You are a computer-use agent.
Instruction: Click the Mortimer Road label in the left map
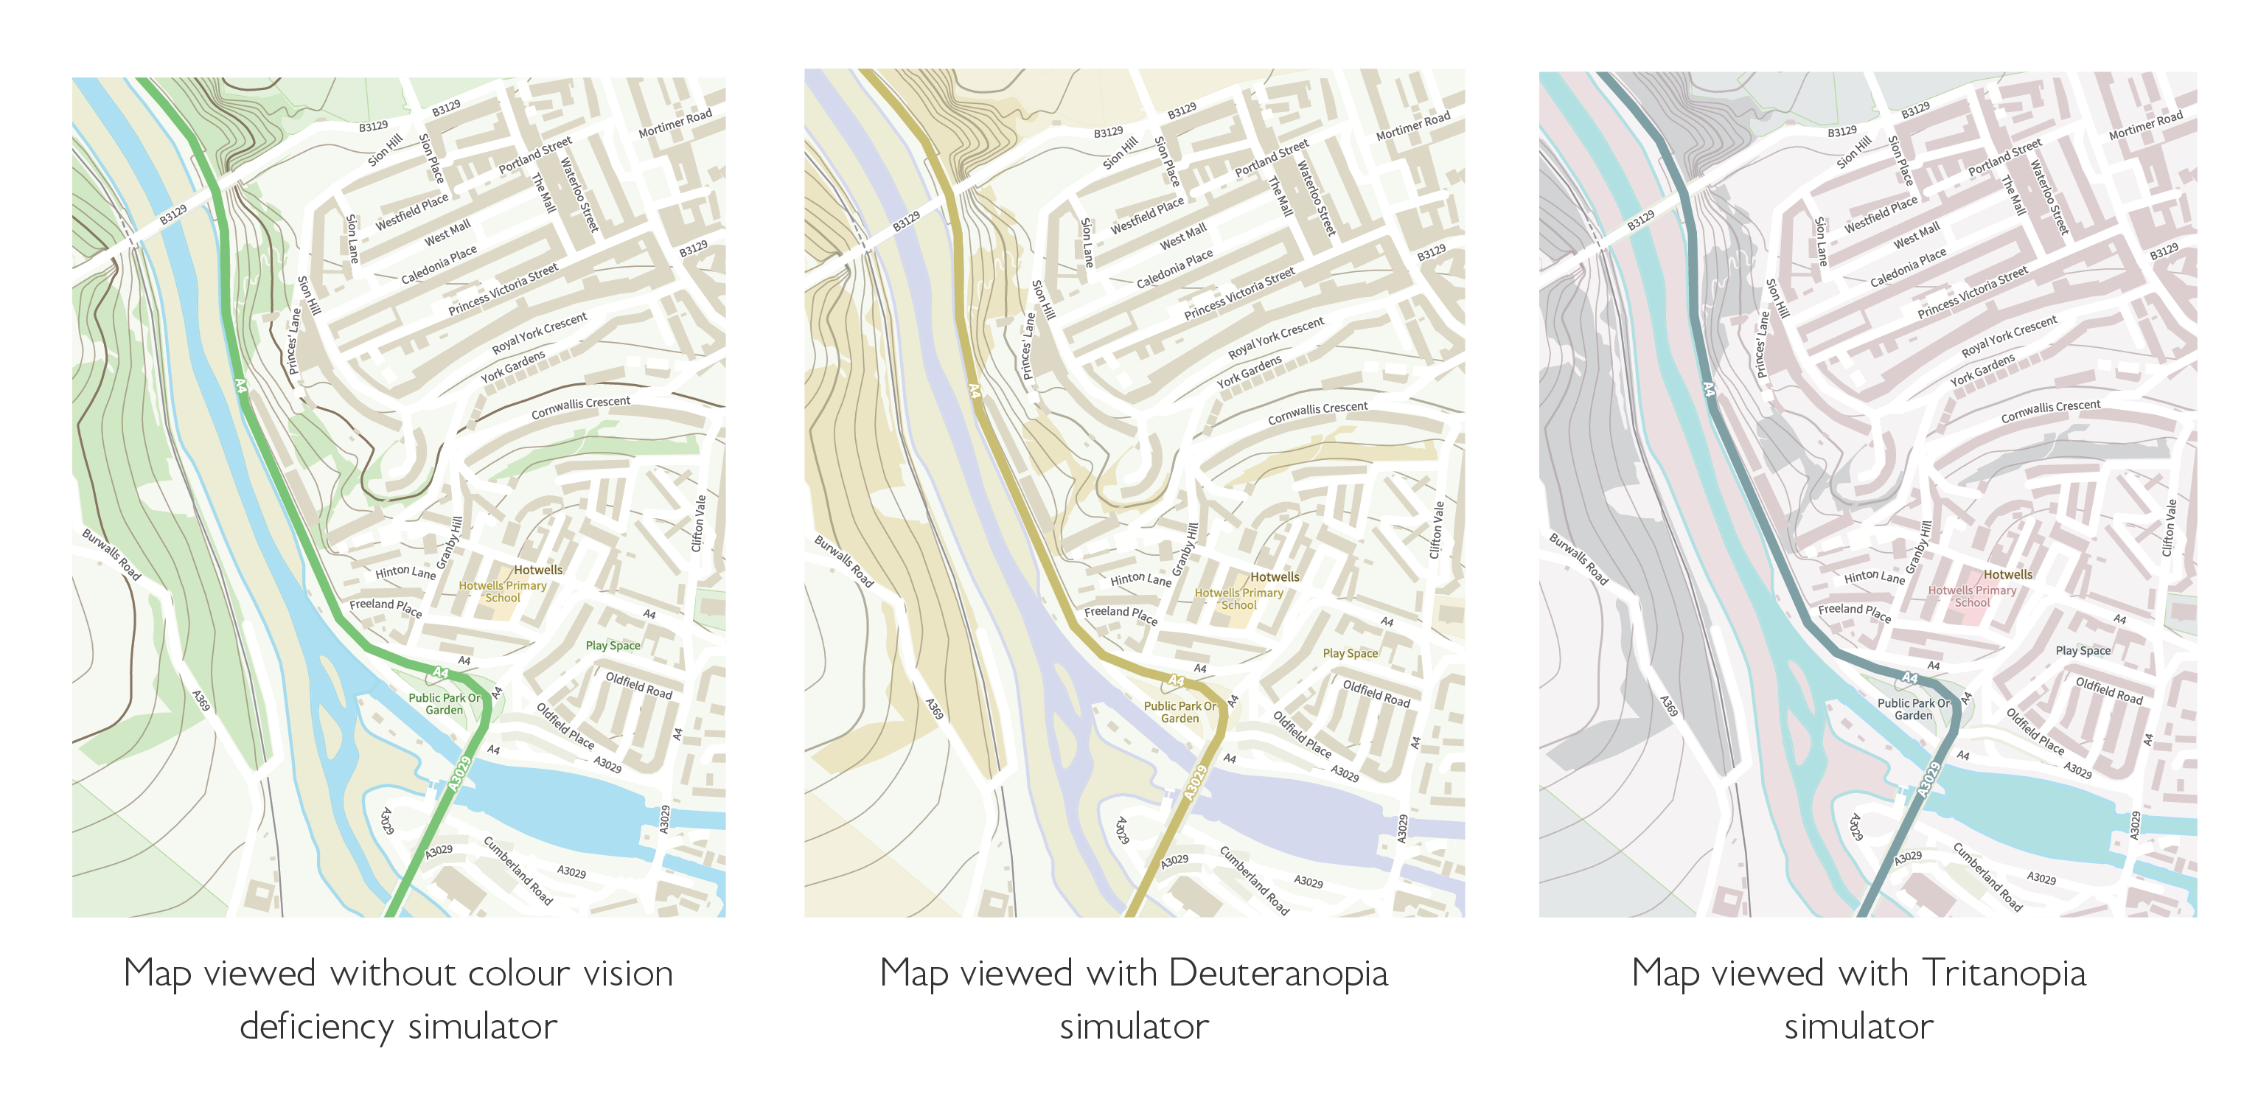click(x=675, y=124)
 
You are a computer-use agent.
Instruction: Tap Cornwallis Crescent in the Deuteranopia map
click(x=1317, y=413)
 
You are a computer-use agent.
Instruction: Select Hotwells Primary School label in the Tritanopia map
click(x=1971, y=596)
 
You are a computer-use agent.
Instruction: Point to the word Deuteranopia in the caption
click(x=1278, y=973)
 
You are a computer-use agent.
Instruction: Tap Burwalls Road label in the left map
click(x=111, y=554)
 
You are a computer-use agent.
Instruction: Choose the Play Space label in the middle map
click(x=1350, y=653)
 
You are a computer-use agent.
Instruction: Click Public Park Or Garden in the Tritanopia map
click(x=1914, y=708)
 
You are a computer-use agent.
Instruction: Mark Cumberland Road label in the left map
click(x=518, y=870)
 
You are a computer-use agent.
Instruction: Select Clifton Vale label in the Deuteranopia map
click(x=1436, y=529)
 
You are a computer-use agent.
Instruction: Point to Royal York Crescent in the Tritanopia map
click(x=2009, y=336)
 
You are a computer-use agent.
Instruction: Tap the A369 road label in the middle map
click(x=935, y=708)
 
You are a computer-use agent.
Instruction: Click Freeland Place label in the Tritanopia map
click(x=1854, y=612)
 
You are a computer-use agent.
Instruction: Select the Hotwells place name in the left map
click(x=538, y=570)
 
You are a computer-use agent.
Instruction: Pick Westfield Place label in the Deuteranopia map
click(x=1146, y=215)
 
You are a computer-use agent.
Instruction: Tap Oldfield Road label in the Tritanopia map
click(x=2109, y=691)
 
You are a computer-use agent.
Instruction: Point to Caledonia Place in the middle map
click(x=1174, y=268)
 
